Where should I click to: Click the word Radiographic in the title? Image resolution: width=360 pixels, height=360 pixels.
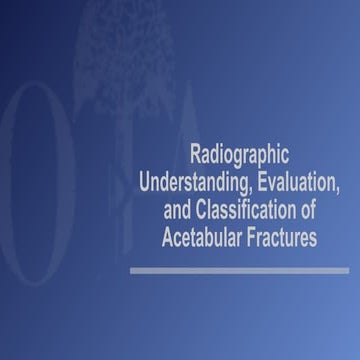239,156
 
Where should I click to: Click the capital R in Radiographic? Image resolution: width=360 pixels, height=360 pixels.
194,156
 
